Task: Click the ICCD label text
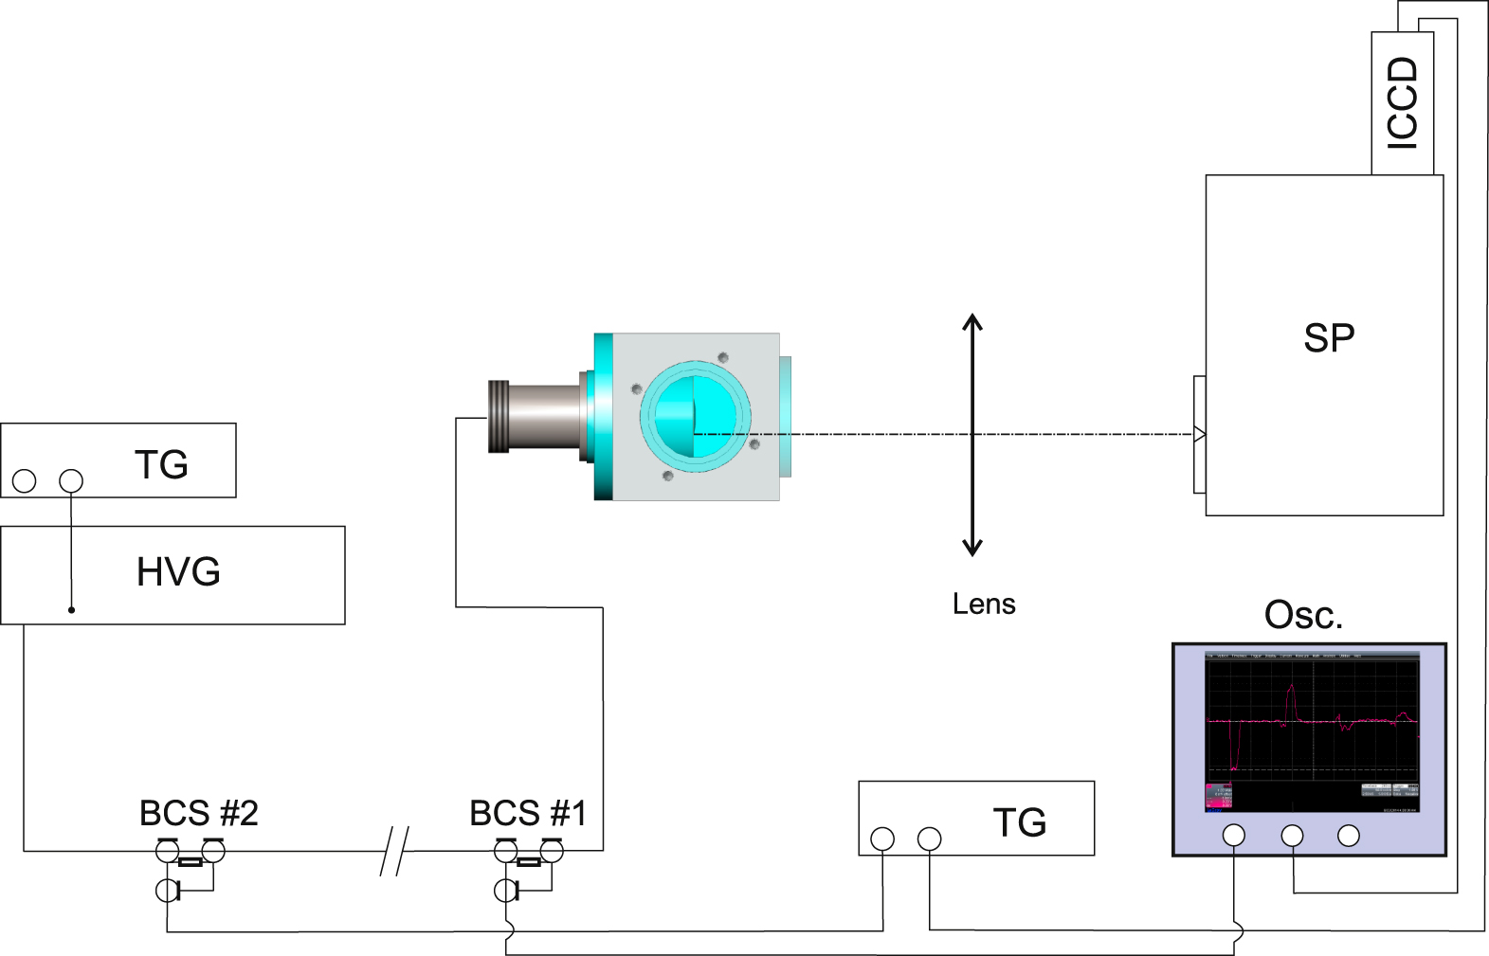click(x=1403, y=102)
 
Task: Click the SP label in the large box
click(x=1329, y=338)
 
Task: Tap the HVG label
click(x=178, y=572)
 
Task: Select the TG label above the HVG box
click(x=161, y=464)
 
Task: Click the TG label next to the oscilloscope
click(x=1020, y=822)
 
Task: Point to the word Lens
click(x=984, y=604)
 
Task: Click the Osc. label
click(x=1303, y=615)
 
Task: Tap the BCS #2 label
click(x=198, y=813)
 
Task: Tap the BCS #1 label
click(x=528, y=813)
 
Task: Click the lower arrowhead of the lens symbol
click(x=972, y=549)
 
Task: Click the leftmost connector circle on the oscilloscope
click(x=1234, y=835)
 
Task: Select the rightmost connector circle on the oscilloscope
click(x=1349, y=835)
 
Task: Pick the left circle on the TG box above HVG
click(x=25, y=481)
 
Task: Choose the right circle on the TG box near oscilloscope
click(x=930, y=839)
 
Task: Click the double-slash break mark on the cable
click(x=394, y=851)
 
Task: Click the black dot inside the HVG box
click(x=71, y=610)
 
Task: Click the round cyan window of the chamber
click(x=696, y=417)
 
